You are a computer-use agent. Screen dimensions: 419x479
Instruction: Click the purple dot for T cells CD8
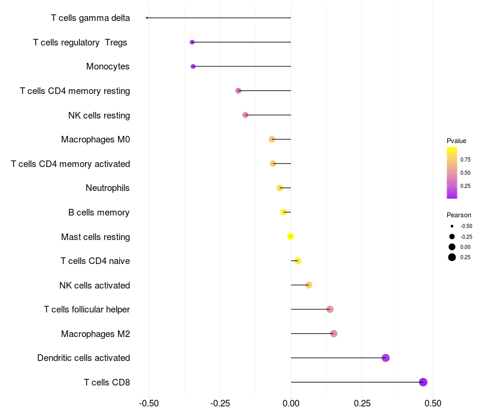click(423, 382)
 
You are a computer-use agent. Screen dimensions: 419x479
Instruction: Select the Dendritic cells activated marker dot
click(386, 358)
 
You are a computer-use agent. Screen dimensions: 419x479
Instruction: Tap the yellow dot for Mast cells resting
click(290, 236)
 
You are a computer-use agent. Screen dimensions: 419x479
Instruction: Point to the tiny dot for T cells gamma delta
click(147, 18)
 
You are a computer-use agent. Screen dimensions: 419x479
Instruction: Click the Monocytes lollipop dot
click(193, 66)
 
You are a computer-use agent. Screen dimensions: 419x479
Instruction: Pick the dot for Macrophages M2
click(334, 333)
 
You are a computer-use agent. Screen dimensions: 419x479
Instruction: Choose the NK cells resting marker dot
click(245, 115)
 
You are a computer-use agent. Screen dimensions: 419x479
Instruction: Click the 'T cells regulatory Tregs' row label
click(81, 42)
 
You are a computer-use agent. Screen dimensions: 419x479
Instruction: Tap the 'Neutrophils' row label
click(108, 188)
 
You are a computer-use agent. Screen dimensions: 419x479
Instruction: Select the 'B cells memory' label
click(99, 212)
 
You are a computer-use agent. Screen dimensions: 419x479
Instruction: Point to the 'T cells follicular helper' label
click(87, 309)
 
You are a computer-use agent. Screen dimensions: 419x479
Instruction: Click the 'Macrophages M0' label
click(95, 139)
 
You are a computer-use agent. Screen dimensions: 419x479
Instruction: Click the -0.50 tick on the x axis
click(148, 403)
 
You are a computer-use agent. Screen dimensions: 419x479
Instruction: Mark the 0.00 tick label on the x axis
click(291, 403)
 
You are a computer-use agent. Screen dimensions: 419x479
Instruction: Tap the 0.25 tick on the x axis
click(362, 403)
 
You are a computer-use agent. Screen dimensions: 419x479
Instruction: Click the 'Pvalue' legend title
click(456, 141)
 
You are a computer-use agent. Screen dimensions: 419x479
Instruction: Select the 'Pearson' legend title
click(459, 215)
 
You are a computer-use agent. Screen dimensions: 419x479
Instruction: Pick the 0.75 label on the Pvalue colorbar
click(465, 159)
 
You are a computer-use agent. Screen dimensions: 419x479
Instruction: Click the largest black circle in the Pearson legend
click(451, 257)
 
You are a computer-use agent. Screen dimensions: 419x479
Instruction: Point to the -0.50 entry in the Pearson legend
click(466, 226)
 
